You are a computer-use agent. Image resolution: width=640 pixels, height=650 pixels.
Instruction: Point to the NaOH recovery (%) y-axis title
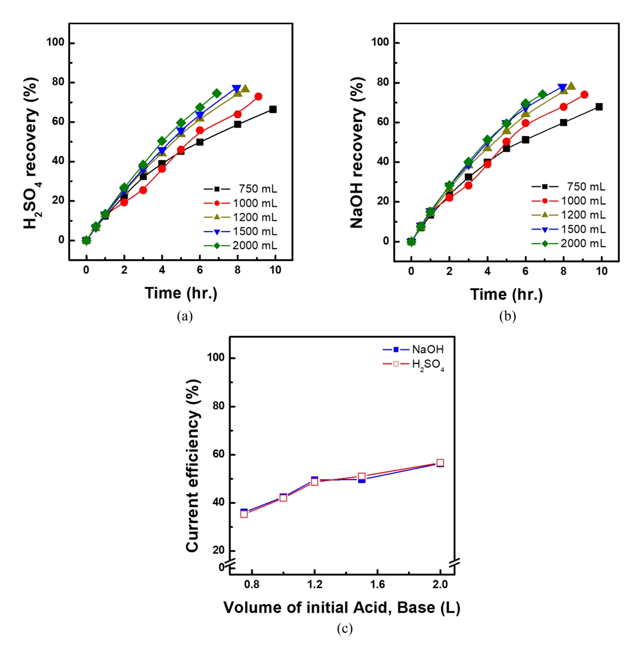357,152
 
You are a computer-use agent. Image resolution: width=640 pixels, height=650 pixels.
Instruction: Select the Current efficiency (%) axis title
193,465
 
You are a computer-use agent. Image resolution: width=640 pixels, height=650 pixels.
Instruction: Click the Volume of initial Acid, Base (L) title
341,608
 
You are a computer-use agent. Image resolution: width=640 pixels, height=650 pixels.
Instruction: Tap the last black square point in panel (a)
273,110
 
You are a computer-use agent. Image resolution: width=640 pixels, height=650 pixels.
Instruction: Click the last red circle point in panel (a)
258,97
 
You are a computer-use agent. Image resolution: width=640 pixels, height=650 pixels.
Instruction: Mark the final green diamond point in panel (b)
543,94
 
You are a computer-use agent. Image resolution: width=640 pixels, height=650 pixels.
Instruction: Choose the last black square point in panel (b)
599,107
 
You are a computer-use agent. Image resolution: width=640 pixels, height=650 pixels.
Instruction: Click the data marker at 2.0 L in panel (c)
440,463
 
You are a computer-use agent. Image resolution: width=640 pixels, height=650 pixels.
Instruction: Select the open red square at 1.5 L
361,477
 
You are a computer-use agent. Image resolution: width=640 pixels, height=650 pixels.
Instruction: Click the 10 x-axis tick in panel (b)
601,271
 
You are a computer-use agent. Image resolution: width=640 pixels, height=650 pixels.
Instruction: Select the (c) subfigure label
345,629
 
